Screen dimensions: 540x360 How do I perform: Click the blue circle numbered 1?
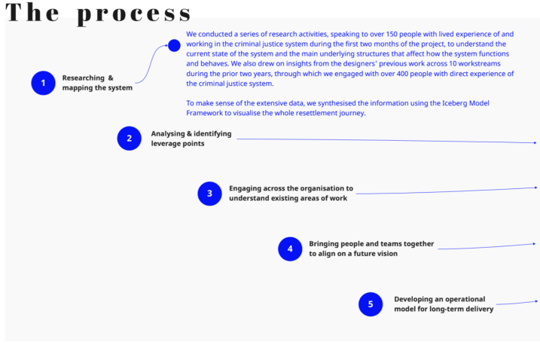click(x=43, y=83)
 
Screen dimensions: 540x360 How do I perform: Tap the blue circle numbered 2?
click(x=129, y=139)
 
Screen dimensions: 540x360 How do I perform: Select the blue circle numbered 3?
click(x=209, y=194)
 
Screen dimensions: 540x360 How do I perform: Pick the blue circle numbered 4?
click(x=290, y=249)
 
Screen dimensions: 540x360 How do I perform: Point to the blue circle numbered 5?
click(x=371, y=304)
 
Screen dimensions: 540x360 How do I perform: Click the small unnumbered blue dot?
click(x=174, y=45)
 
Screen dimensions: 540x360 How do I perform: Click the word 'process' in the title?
click(x=133, y=14)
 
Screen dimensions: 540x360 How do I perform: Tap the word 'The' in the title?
click(x=32, y=12)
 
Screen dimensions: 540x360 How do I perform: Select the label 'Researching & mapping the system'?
click(x=97, y=83)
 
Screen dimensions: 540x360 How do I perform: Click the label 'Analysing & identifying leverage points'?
click(x=191, y=139)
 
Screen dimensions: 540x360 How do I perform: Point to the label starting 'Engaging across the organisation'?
click(x=291, y=194)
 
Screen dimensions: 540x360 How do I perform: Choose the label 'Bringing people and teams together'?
click(x=371, y=249)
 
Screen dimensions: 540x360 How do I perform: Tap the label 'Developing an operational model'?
click(x=444, y=304)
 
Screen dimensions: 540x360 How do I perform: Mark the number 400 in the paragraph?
click(x=402, y=74)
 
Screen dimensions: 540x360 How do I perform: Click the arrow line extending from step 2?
click(x=386, y=141)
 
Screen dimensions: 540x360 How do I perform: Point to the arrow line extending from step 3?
click(x=447, y=191)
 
